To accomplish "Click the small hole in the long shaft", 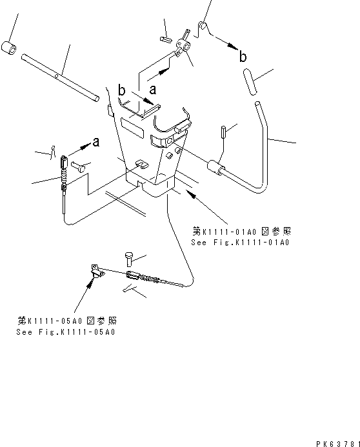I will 57,76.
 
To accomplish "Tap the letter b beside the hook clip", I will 243,57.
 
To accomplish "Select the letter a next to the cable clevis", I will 96,142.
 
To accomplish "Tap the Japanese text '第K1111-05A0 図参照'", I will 67,321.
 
